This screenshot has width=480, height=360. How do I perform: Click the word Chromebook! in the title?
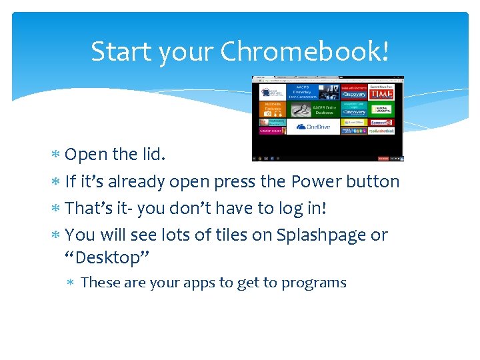point(304,51)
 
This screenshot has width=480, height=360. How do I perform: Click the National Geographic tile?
point(381,109)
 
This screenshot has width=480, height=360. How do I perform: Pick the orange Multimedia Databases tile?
point(272,109)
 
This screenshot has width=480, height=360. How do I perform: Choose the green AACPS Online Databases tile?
point(312,109)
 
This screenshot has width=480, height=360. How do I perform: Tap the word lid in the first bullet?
point(153,155)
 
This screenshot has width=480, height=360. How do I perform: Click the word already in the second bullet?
point(137,182)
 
